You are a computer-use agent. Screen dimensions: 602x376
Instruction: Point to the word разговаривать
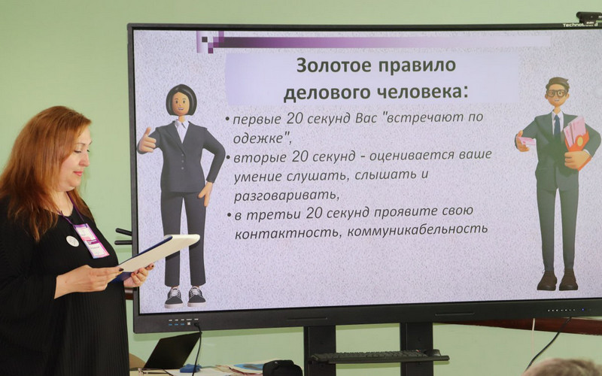point(287,195)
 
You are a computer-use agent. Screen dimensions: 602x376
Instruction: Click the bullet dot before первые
point(228,119)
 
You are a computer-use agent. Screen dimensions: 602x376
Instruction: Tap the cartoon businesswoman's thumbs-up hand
point(147,141)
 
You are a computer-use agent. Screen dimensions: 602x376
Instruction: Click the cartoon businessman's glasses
point(556,92)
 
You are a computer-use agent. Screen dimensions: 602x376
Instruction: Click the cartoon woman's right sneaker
point(196,296)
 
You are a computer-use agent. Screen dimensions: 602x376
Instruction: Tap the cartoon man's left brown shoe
point(547,280)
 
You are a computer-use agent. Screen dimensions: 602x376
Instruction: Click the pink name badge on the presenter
point(91,241)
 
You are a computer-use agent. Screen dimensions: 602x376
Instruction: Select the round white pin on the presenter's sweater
point(72,241)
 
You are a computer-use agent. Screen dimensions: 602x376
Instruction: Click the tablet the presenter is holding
point(157,253)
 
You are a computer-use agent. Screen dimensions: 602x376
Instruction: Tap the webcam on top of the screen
point(589,17)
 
